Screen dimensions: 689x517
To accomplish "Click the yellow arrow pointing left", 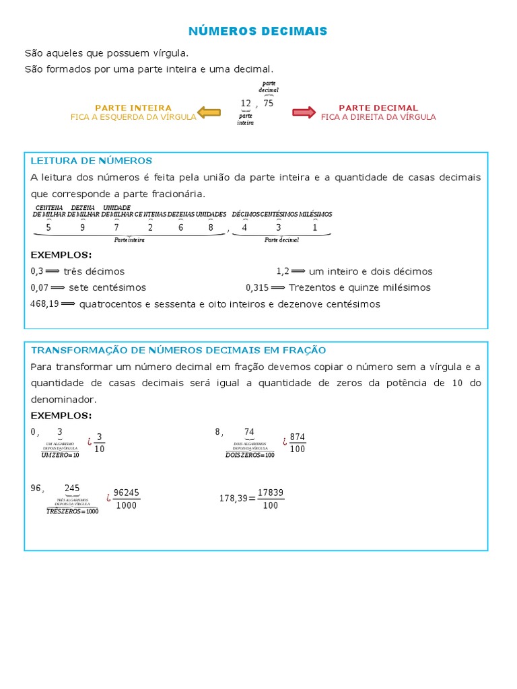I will click(208, 112).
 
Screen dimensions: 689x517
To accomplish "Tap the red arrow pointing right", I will click(304, 112).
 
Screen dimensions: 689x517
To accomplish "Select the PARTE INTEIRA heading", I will click(133, 108).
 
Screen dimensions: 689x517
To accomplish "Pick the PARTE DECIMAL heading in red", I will click(378, 108).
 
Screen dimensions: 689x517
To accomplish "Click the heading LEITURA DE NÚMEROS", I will click(92, 161).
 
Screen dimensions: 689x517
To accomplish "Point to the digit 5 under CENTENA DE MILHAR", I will click(48, 227).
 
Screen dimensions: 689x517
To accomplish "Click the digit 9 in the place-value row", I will click(83, 227).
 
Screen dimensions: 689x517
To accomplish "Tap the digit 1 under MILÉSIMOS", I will click(314, 227).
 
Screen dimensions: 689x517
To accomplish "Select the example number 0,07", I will click(40, 288).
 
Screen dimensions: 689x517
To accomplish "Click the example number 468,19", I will click(45, 304).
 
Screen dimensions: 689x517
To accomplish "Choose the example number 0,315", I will click(257, 288).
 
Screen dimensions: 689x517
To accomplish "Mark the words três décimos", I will click(94, 272).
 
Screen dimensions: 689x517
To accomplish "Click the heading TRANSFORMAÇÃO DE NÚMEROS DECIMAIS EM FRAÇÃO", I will click(178, 351).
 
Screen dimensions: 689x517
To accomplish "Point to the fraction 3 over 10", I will click(100, 443).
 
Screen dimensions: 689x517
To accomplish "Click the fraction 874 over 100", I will click(298, 443).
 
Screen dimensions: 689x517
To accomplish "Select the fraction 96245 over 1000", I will click(126, 499).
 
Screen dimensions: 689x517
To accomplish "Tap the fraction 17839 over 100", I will click(271, 499).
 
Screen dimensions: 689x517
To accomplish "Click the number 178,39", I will click(233, 499).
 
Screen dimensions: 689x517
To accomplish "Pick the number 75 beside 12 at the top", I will click(269, 103).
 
